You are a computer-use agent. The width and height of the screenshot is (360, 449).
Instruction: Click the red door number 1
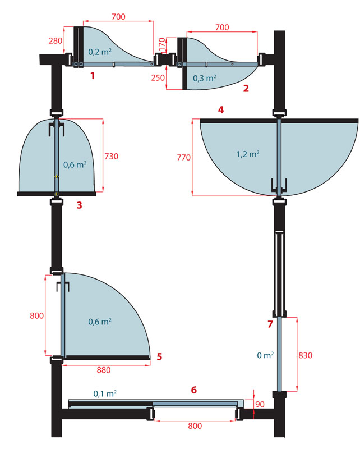(x=92, y=76)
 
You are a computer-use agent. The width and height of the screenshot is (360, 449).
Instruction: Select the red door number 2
(x=246, y=89)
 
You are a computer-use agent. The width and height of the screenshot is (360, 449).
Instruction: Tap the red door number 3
(x=79, y=205)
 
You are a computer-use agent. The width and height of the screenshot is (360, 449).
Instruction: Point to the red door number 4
(x=221, y=109)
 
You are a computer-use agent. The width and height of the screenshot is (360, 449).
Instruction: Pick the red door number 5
(x=159, y=356)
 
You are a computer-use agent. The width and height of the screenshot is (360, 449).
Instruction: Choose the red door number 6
(x=193, y=390)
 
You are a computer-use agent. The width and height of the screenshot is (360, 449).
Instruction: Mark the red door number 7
(x=270, y=324)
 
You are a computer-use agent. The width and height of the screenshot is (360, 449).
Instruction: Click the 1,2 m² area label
(x=248, y=154)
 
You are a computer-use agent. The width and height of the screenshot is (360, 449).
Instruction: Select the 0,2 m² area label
(x=100, y=52)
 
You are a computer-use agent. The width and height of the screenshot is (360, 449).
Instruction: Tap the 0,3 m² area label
(x=204, y=78)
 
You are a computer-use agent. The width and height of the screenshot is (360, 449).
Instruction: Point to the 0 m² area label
(x=265, y=355)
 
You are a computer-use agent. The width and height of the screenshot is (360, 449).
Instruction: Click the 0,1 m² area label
(x=105, y=393)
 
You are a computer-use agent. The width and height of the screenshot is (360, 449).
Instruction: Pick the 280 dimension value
(x=55, y=41)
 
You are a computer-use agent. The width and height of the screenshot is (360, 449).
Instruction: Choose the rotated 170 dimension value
(x=162, y=44)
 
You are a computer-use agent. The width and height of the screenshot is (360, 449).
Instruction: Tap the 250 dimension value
(x=158, y=77)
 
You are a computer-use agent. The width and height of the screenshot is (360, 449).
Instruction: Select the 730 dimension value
(x=112, y=157)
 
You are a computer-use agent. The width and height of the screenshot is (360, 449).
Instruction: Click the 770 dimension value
(x=184, y=158)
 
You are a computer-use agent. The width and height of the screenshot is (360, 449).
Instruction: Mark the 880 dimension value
(x=104, y=370)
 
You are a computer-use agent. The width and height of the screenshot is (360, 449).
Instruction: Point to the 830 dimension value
(x=306, y=355)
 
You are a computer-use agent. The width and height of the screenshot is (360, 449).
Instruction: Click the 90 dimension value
(x=260, y=404)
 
